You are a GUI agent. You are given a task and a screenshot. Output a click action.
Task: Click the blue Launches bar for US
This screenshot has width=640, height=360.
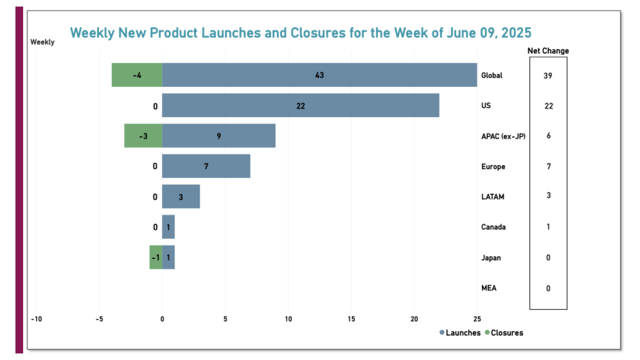tap(300, 105)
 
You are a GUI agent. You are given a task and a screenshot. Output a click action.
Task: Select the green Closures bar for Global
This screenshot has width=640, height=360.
tap(137, 75)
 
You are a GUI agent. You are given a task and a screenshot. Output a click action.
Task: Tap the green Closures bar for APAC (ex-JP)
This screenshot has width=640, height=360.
tap(143, 135)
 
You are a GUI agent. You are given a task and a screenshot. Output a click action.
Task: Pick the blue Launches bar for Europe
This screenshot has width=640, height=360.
tap(206, 166)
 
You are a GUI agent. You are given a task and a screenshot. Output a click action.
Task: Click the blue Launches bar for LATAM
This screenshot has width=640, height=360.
tap(181, 196)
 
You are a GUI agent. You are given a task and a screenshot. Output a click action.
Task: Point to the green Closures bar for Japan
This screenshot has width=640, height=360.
tap(155, 257)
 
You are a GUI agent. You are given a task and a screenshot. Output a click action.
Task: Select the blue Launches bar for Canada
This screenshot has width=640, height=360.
tap(168, 227)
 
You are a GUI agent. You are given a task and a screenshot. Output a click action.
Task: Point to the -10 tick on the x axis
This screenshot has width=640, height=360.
tap(36, 319)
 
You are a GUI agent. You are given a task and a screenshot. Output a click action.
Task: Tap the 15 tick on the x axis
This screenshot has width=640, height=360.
tap(351, 319)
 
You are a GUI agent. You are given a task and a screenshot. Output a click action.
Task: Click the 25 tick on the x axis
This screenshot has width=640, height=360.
tap(477, 319)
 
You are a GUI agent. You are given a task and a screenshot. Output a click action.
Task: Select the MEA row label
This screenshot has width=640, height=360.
tap(489, 288)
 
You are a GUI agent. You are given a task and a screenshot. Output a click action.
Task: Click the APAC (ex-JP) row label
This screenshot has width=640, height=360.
tap(503, 136)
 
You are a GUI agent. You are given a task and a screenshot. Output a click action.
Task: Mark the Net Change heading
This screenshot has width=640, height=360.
tap(548, 50)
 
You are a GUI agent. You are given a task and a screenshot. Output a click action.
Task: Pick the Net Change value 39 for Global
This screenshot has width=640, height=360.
tap(548, 75)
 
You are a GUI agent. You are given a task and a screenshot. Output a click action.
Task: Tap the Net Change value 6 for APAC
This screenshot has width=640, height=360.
tap(548, 136)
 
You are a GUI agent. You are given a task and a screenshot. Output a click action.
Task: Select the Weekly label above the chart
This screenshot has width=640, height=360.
tap(42, 42)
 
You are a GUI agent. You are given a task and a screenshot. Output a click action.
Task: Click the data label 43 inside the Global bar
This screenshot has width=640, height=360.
tap(319, 75)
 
